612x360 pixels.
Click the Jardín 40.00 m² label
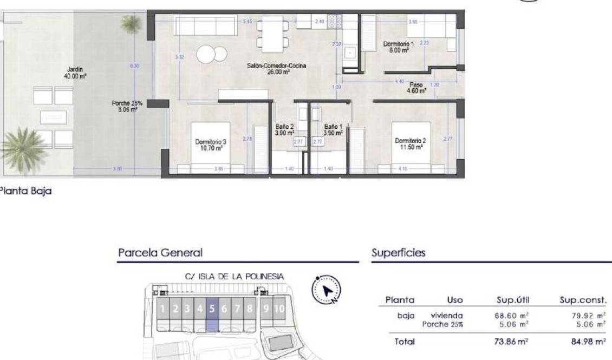(75, 73)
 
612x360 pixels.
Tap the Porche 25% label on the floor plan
(125, 106)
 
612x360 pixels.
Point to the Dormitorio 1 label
(398, 47)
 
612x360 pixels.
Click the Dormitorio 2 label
(412, 144)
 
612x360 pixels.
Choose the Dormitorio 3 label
(211, 145)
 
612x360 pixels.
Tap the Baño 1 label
(333, 129)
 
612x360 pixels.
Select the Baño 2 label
(283, 129)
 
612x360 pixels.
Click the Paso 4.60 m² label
(416, 88)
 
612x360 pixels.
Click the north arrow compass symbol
(327, 290)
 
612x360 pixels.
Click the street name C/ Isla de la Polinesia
(234, 276)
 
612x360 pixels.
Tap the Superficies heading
(398, 253)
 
